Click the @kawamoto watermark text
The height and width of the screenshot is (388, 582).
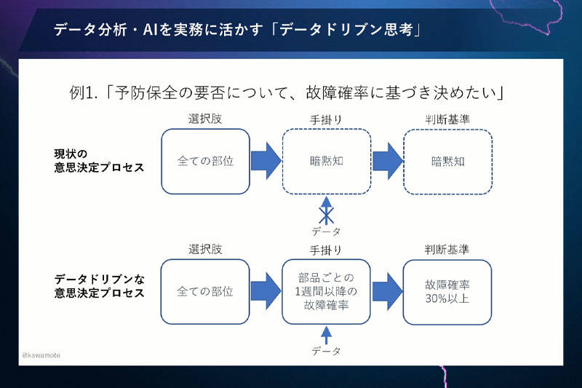pos(41,355)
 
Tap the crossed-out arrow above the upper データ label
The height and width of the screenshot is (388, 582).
pos(326,210)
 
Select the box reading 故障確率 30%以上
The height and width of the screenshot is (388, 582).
pos(447,292)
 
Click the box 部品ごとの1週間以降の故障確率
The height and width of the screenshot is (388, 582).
pos(326,291)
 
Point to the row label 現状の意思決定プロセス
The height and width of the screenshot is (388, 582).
pos(99,160)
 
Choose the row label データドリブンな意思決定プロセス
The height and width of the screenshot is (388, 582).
pos(99,286)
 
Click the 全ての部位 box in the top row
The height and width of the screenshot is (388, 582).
pos(205,162)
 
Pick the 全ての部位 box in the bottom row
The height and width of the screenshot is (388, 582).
pos(205,291)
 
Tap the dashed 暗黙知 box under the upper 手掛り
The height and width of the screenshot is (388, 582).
pos(327,162)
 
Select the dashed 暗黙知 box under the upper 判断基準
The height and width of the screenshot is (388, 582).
pos(448,162)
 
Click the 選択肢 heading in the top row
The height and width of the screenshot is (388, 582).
pos(205,119)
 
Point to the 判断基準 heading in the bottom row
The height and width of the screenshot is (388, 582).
pos(447,250)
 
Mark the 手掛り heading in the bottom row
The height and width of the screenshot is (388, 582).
pos(326,250)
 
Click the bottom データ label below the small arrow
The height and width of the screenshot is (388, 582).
pos(326,351)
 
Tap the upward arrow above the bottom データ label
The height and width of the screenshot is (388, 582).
pos(326,336)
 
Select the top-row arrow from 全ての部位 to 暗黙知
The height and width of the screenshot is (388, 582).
pos(266,161)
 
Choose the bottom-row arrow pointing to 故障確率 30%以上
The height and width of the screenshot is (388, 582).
pos(387,291)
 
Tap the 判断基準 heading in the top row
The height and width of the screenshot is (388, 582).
pos(447,119)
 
